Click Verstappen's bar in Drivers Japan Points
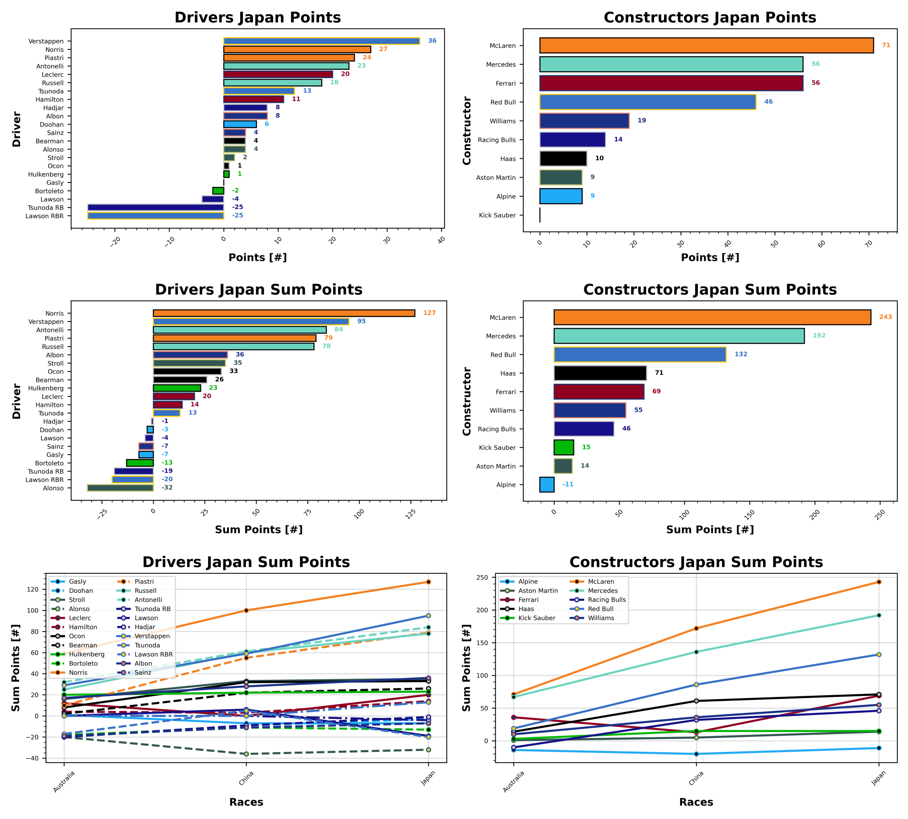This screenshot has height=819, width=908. (x=322, y=41)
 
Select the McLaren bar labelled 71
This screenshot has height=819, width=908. (x=706, y=46)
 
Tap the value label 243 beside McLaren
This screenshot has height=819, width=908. (x=885, y=317)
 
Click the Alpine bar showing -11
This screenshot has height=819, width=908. (x=546, y=485)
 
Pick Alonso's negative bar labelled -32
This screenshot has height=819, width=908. (x=120, y=488)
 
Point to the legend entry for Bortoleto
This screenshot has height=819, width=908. (x=83, y=663)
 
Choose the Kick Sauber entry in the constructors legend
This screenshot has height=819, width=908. (x=537, y=618)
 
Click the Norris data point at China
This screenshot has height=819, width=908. (x=246, y=610)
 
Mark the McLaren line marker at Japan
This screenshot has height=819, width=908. (x=878, y=582)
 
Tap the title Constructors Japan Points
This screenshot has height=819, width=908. (x=709, y=18)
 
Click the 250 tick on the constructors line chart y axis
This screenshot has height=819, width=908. (x=482, y=577)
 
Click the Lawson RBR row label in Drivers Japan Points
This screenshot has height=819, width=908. (x=44, y=216)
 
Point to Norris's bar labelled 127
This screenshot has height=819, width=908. (x=283, y=313)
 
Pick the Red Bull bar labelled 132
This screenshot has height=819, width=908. (x=640, y=355)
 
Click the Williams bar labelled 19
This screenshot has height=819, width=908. (x=584, y=121)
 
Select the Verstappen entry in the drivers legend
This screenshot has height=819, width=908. (x=152, y=636)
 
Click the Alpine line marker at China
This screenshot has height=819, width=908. (x=696, y=754)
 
